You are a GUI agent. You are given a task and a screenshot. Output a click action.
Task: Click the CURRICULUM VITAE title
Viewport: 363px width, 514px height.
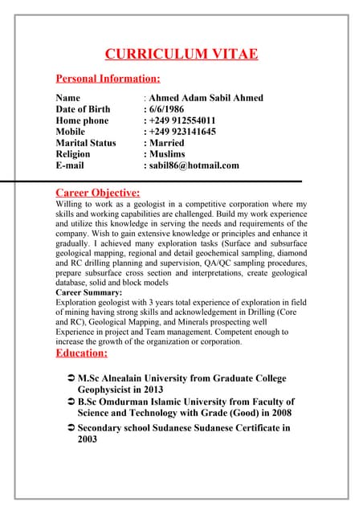[181, 54]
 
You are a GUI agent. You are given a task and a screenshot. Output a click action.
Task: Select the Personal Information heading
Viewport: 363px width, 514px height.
[108, 79]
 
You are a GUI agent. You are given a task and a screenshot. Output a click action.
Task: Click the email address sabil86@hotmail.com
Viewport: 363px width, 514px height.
[194, 165]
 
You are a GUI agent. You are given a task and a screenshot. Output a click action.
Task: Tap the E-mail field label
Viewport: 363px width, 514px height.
[70, 165]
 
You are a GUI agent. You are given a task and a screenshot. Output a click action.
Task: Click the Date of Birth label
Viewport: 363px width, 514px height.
[83, 109]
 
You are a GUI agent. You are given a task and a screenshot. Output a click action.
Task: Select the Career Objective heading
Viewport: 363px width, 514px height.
[97, 193]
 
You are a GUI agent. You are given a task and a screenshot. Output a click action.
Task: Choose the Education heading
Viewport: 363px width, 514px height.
[81, 353]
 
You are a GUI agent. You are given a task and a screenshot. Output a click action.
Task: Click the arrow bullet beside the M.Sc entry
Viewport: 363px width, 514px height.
[71, 378]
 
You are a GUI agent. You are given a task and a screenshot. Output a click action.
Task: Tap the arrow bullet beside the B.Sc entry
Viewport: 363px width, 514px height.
[71, 402]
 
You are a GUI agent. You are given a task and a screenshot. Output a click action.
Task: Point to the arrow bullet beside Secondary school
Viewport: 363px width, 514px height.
[71, 428]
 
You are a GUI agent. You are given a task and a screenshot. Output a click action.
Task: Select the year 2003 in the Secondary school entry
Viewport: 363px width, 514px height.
[88, 440]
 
